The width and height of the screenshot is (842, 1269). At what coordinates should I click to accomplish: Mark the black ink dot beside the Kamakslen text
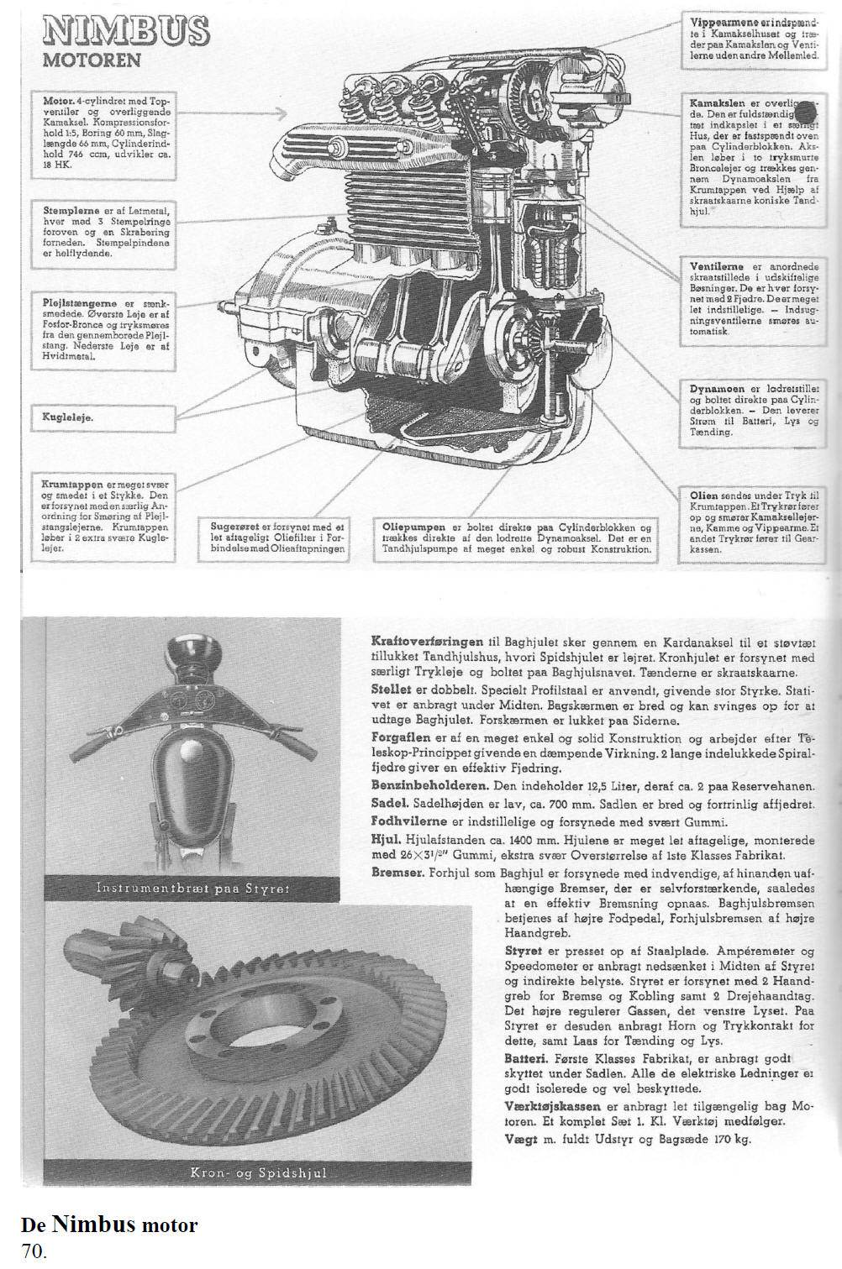(x=804, y=112)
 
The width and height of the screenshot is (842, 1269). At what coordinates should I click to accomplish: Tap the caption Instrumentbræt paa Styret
(x=193, y=888)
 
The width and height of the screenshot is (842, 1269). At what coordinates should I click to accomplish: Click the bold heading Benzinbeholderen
(x=429, y=785)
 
